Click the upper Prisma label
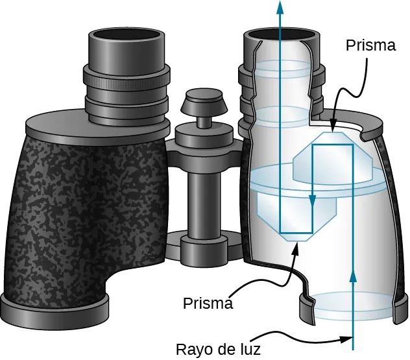[x=370, y=45]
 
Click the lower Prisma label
[x=208, y=303]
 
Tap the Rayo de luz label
[x=218, y=350]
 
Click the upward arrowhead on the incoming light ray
[x=353, y=277]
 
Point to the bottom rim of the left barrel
[x=55, y=308]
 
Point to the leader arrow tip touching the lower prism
[x=297, y=243]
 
